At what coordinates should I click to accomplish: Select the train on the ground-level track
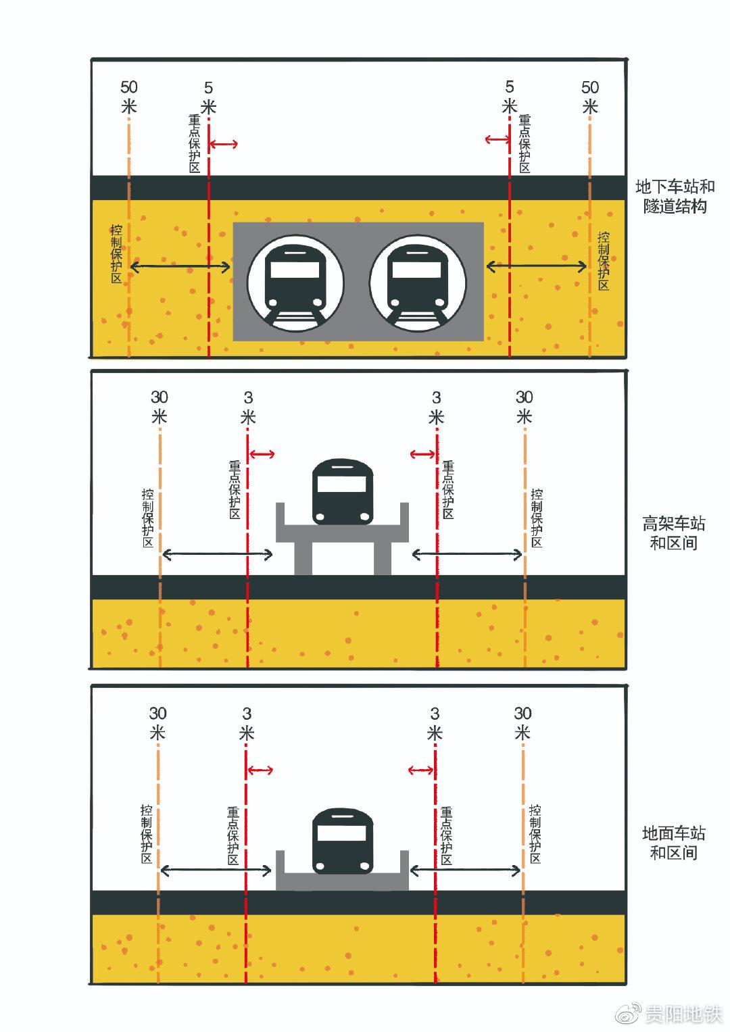tap(343, 841)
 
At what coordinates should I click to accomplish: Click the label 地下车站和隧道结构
tap(675, 196)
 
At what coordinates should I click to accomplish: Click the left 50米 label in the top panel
tap(128, 97)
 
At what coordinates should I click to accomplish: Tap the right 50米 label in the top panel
tap(590, 97)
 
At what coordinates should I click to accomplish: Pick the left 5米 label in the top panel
tap(208, 97)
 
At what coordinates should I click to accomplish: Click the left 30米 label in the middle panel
tap(159, 407)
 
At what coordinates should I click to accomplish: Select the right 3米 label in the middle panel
tap(436, 407)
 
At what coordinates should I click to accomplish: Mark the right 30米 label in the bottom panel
tap(522, 722)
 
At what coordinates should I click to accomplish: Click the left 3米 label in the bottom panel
tap(247, 722)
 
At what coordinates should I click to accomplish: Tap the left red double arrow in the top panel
tap(223, 143)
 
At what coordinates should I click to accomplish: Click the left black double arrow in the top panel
tap(180, 267)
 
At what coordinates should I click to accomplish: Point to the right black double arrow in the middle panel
tap(467, 555)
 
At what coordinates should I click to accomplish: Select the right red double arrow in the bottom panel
tap(421, 770)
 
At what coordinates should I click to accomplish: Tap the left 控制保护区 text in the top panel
tap(116, 253)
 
